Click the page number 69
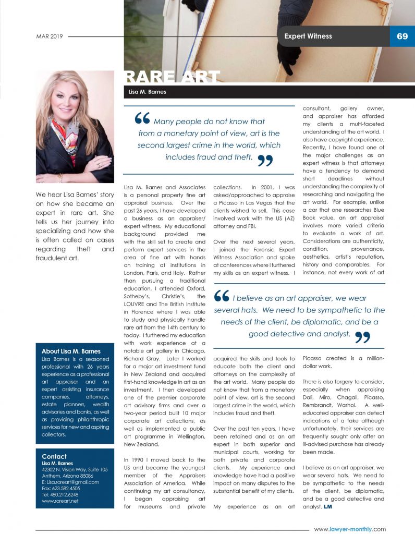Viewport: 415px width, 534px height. click(x=402, y=36)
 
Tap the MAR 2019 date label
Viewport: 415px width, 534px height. click(x=50, y=37)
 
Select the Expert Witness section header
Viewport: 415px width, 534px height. click(x=308, y=36)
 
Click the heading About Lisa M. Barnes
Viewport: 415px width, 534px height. click(x=71, y=351)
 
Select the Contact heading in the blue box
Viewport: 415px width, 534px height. click(x=54, y=456)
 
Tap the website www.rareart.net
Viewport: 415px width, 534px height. click(x=60, y=501)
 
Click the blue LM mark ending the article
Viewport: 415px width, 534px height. click(x=327, y=506)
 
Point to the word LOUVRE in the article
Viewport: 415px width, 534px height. click(x=137, y=304)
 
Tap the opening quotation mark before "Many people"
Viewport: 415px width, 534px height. click(x=142, y=119)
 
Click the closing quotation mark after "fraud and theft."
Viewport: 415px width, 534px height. click(x=265, y=161)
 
